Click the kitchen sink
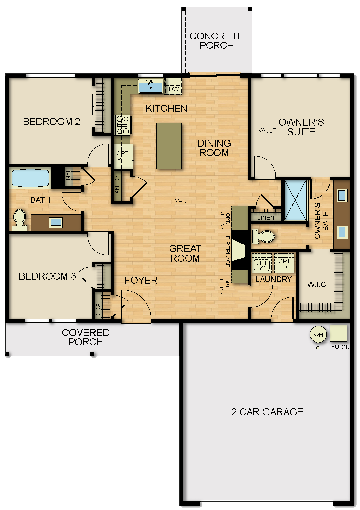151,86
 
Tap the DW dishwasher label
174,89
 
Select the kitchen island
169,146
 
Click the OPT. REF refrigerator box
123,156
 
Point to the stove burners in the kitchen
123,125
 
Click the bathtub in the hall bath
30,178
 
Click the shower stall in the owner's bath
295,200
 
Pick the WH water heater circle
318,334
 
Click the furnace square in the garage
338,333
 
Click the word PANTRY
117,186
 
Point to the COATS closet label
98,306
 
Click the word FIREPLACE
228,252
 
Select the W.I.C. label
317,284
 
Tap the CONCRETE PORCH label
217,41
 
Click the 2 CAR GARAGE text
267,412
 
